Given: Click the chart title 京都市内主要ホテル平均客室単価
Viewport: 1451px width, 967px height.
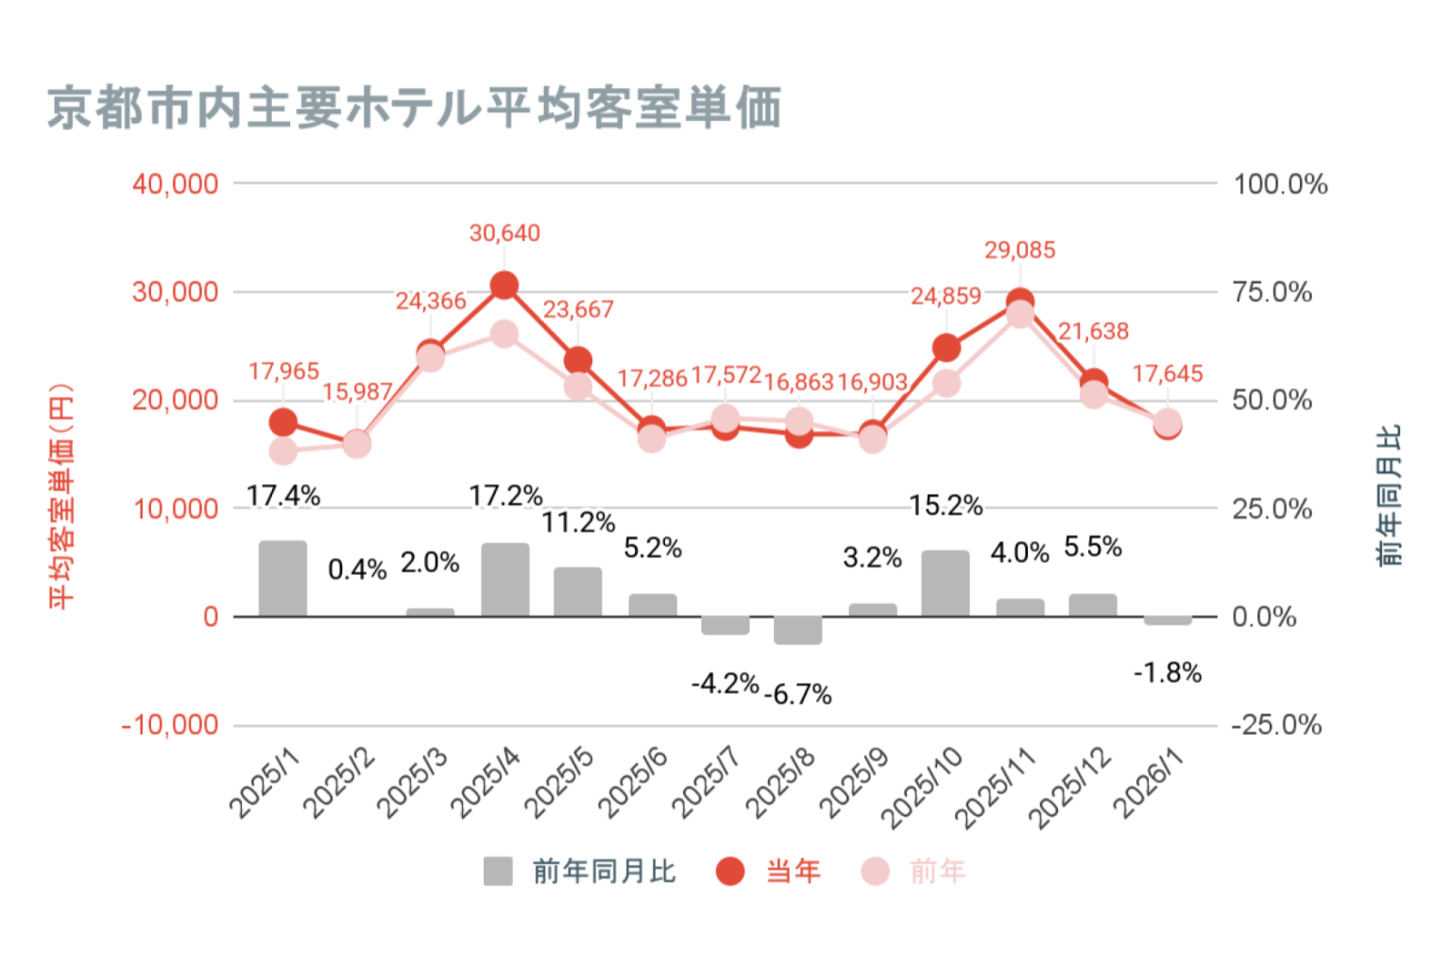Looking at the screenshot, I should click(414, 107).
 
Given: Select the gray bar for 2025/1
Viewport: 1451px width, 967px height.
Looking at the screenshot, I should click(283, 578).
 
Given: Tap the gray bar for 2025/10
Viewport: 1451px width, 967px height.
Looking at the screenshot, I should click(946, 583).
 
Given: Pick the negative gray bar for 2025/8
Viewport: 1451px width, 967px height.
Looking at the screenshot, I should click(798, 630).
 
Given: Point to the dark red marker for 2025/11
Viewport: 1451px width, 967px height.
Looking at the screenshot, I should click(1019, 303).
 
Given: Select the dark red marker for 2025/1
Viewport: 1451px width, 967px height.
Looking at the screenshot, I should click(283, 422).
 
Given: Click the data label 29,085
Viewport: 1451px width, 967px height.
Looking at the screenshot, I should click(1019, 250).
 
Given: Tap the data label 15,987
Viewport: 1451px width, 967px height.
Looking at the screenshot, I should click(357, 392).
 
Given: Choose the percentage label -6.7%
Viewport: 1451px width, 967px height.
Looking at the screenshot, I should click(798, 695).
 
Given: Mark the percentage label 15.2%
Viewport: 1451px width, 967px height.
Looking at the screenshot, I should click(946, 506).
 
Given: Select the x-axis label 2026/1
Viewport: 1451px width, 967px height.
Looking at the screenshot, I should click(1148, 783).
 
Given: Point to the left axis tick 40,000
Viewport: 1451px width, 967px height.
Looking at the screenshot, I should click(176, 184).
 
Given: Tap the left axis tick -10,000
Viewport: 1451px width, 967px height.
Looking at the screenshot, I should click(170, 725).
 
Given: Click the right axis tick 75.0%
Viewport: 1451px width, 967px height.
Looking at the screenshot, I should click(1272, 293).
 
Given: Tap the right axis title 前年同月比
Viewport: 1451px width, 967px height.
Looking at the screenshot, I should click(1389, 496).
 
